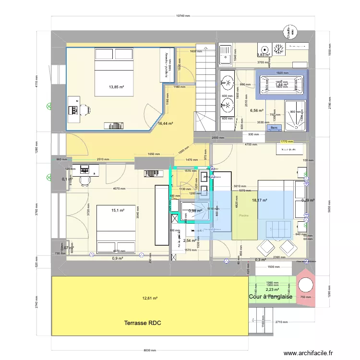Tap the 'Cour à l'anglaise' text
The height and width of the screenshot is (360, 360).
coord(271,297)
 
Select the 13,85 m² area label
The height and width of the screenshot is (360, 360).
coord(117,87)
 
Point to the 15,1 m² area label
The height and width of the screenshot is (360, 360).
coord(118,210)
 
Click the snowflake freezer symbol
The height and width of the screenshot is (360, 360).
coord(277,49)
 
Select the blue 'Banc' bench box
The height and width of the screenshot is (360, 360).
coord(274,128)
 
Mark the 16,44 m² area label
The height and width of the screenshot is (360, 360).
coord(166,123)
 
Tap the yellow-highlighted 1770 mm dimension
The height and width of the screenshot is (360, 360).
coord(287,142)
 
